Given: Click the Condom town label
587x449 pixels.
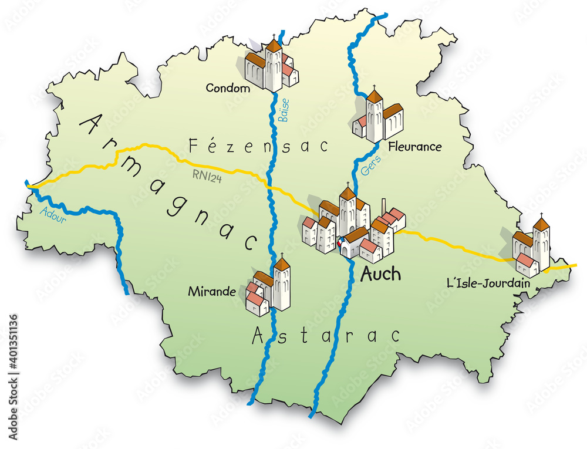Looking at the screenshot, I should tap(228, 88).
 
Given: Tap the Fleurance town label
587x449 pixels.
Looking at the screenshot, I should tap(414, 147).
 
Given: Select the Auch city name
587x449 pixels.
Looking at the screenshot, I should tap(380, 274).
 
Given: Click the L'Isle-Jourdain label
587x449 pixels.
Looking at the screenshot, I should tap(488, 283).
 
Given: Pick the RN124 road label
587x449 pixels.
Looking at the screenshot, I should tap(206, 175).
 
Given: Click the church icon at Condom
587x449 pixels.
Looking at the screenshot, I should tap(271, 65).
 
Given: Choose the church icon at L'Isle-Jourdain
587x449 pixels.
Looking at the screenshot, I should tap(531, 247).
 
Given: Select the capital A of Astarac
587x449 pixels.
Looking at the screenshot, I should tap(258, 336).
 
